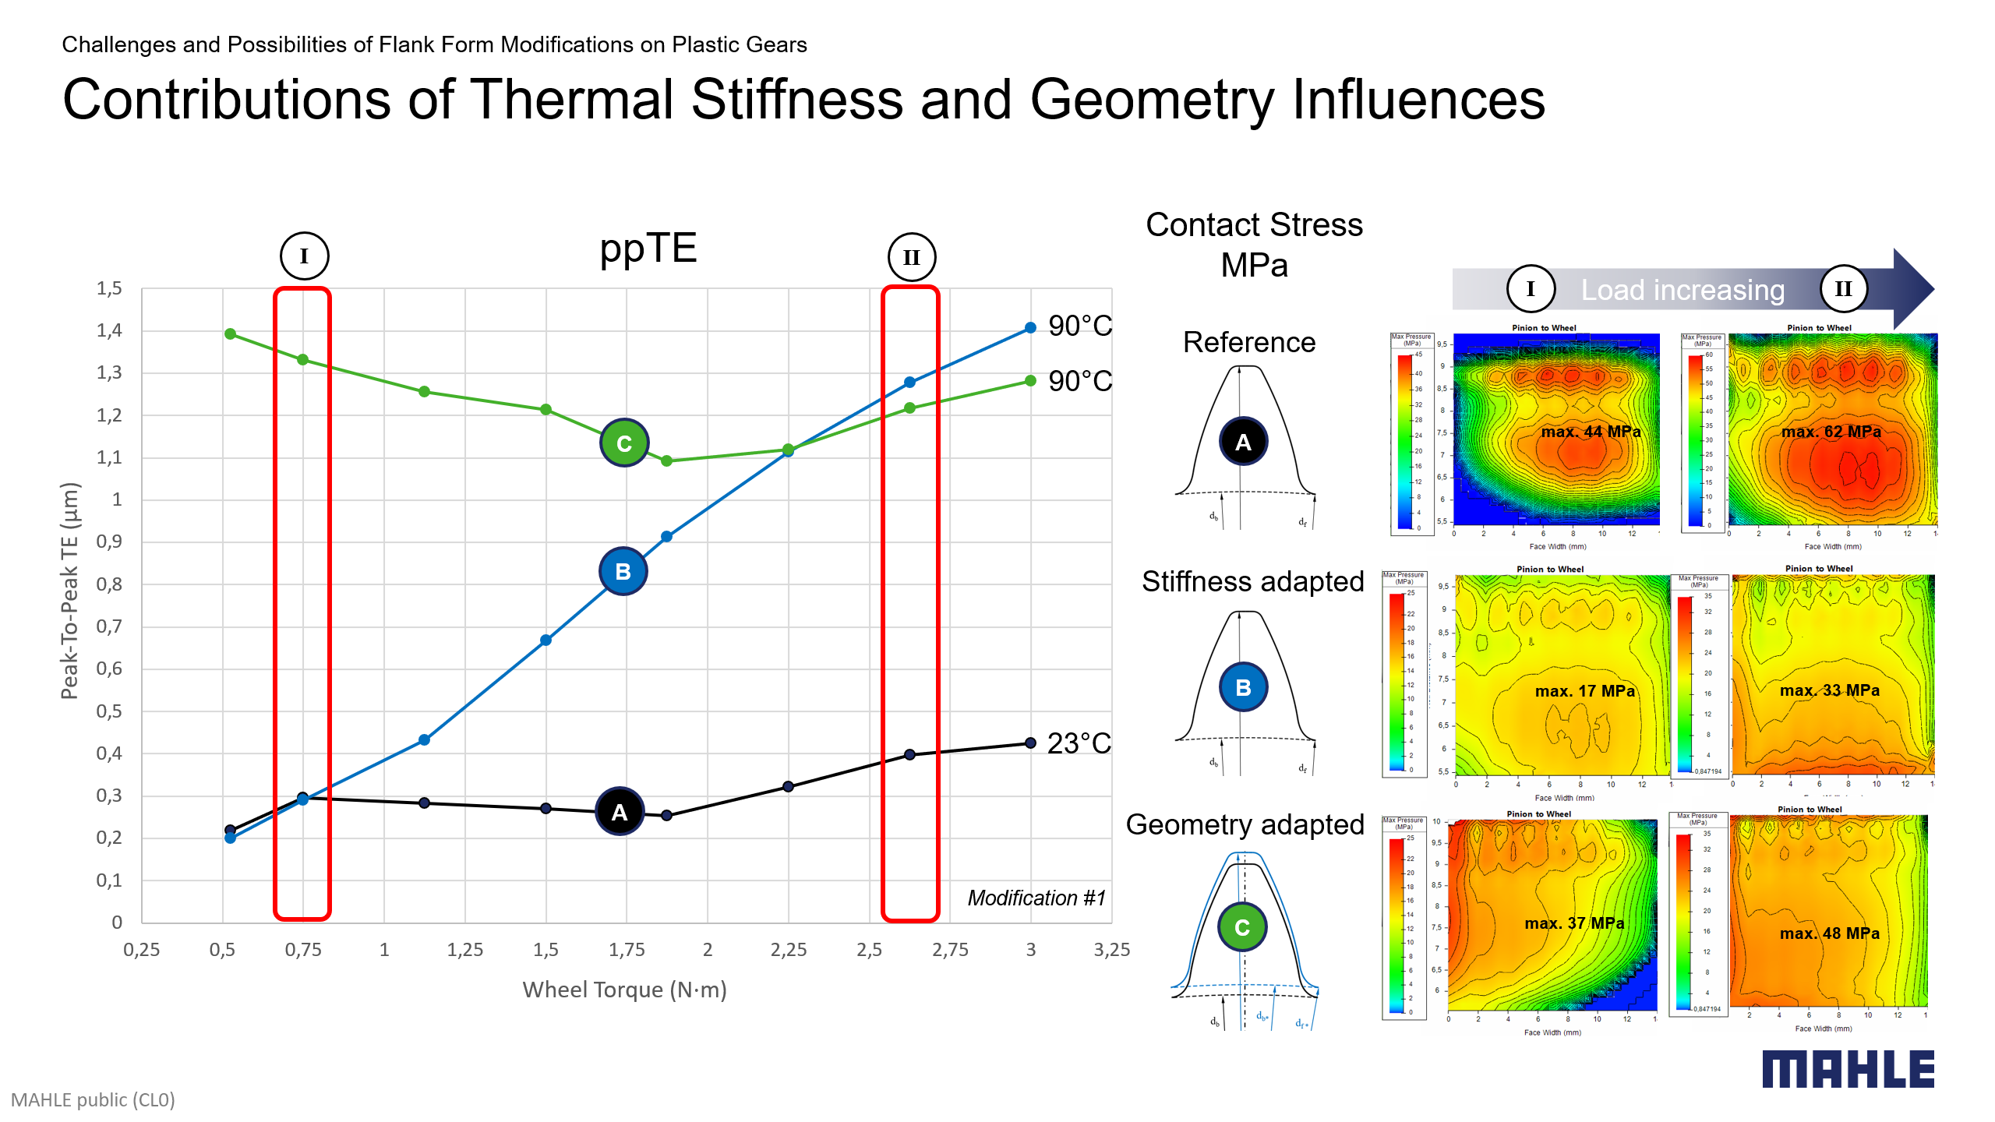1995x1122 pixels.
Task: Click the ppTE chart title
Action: [648, 249]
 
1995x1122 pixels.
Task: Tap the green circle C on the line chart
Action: [624, 443]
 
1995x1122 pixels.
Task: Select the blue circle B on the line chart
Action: [623, 571]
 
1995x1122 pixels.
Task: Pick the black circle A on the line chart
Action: [620, 812]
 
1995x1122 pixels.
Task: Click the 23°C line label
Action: [1079, 743]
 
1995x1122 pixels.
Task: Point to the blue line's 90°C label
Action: [1080, 326]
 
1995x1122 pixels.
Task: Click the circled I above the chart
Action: [304, 256]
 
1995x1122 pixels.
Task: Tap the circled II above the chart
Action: [911, 257]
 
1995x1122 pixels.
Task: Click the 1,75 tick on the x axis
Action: [627, 950]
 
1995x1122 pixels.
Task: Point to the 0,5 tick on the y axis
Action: [109, 711]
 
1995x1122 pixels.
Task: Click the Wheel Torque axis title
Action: [624, 990]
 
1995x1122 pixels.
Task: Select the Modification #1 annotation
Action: [1036, 898]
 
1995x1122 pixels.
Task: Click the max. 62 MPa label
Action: [1831, 432]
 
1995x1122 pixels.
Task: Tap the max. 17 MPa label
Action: [1584, 691]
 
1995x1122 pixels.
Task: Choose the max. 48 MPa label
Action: [1829, 933]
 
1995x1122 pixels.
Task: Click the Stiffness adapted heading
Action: [1252, 581]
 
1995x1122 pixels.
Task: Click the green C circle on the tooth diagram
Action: [1242, 927]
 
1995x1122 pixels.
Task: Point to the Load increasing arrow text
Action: [1683, 290]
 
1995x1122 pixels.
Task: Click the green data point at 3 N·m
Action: [1030, 381]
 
